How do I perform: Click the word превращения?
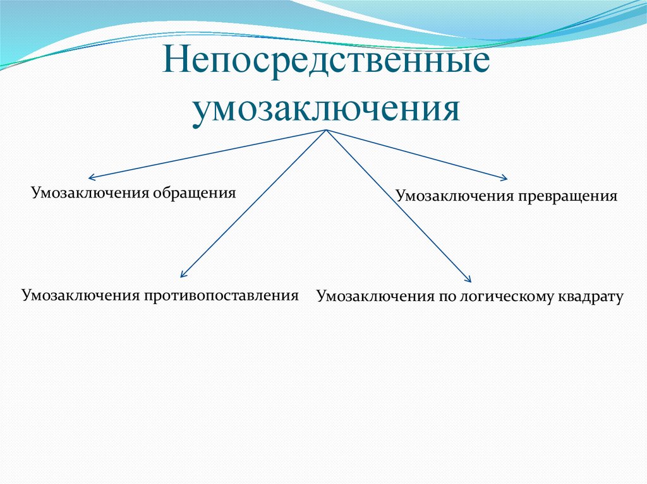[569, 196]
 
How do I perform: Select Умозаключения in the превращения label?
[456, 196]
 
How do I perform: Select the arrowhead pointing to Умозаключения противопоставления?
[183, 274]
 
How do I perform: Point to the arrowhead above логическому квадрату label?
[468, 279]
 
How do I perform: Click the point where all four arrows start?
[326, 130]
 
